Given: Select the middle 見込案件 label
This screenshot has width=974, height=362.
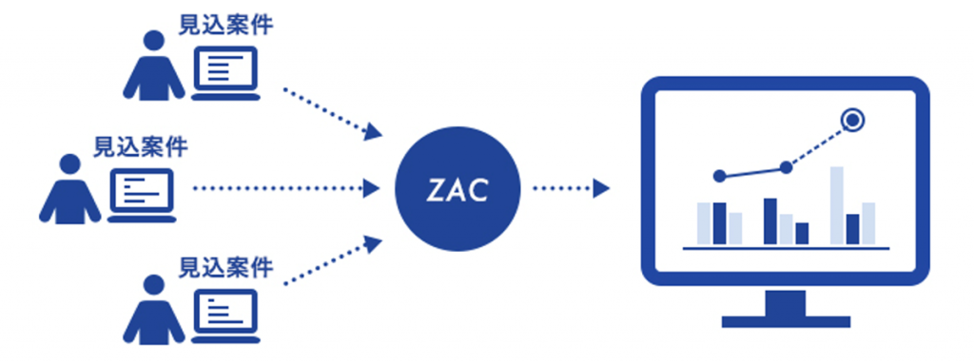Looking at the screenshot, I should point(140,146).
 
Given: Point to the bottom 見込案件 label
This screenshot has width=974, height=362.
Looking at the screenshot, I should point(225,267).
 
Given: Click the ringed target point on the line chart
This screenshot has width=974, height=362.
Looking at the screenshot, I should point(853,120).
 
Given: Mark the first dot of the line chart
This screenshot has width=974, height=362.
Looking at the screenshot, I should point(719,176).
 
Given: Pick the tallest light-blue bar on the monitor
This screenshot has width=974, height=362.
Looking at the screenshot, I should point(836,205).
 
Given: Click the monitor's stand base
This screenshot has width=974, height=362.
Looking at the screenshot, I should point(785,320).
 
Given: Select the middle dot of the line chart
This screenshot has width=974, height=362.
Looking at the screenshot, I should point(786,167).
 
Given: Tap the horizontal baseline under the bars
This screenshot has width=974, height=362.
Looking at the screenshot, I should point(786,248).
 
